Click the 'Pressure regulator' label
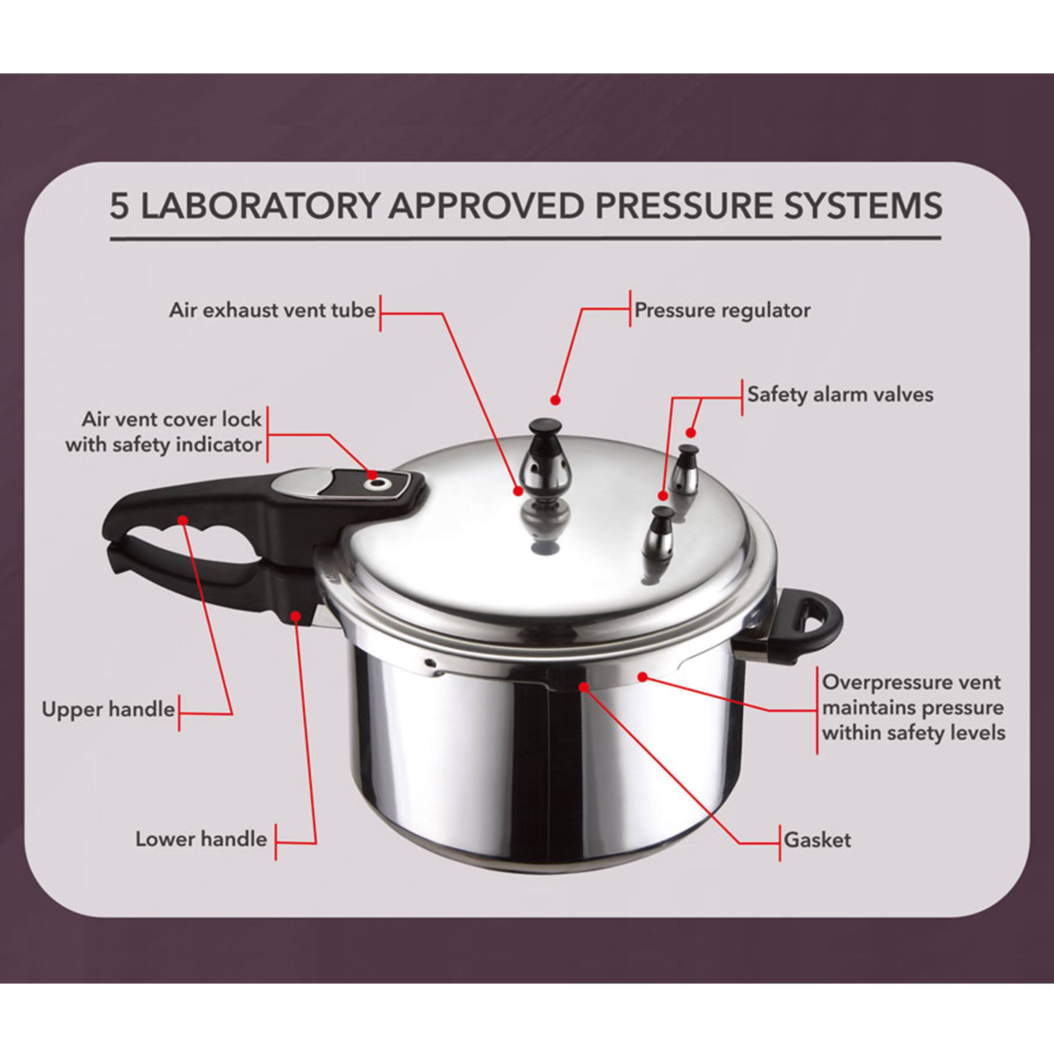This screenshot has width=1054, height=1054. click(x=722, y=311)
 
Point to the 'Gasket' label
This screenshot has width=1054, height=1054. click(x=817, y=839)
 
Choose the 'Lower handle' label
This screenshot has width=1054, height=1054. click(x=201, y=839)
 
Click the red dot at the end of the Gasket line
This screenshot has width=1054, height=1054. click(x=584, y=686)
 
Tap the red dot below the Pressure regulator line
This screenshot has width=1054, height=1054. click(x=555, y=400)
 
